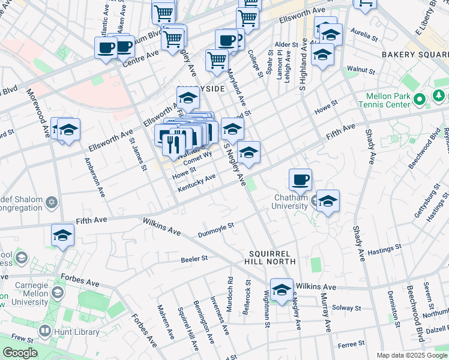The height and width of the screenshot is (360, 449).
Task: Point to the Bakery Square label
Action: pyautogui.click(x=414, y=55)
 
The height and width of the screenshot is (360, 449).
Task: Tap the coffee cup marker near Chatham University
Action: pyautogui.click(x=300, y=179)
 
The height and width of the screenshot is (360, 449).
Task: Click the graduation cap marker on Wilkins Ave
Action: pyautogui.click(x=281, y=290)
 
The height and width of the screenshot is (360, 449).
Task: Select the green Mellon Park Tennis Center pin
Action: pyautogui.click(x=421, y=98)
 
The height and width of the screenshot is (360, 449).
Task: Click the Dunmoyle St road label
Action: pyautogui.click(x=215, y=229)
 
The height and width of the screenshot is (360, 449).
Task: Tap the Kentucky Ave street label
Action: pyautogui.click(x=196, y=184)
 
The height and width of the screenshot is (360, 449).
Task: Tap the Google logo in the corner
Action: pyautogui.click(x=20, y=353)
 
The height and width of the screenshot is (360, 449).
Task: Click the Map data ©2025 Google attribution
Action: pyautogui.click(x=411, y=355)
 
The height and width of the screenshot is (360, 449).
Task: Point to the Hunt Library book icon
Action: pyautogui.click(x=45, y=331)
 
